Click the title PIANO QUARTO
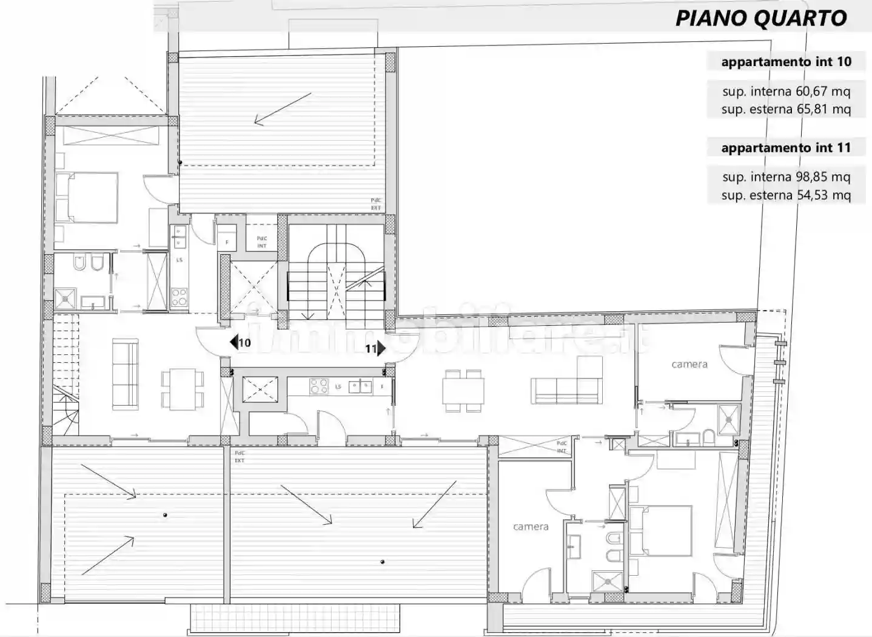coord(761,18)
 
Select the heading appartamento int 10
coord(786,62)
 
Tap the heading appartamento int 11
coord(786,148)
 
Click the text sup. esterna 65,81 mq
coord(786,109)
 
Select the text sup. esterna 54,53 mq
coord(786,195)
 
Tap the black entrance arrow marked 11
coord(381,348)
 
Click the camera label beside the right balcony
coord(689,365)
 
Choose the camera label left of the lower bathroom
coord(531,527)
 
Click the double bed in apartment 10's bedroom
coord(86,197)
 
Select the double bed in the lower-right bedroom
coord(660,531)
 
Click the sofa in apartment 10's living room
coord(126,373)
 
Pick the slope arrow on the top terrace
coord(282,109)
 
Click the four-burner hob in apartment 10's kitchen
coord(179,297)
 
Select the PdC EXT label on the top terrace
coord(376,204)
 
